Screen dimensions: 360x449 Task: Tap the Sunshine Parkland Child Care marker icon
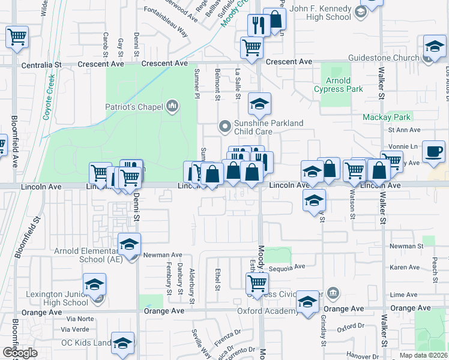(x=225, y=126)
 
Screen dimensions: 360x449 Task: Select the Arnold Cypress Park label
(x=339, y=85)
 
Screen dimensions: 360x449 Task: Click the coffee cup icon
(x=433, y=151)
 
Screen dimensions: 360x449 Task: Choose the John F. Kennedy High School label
(x=319, y=13)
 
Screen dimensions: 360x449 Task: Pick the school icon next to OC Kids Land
(x=122, y=343)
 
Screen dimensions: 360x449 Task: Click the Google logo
(x=19, y=353)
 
